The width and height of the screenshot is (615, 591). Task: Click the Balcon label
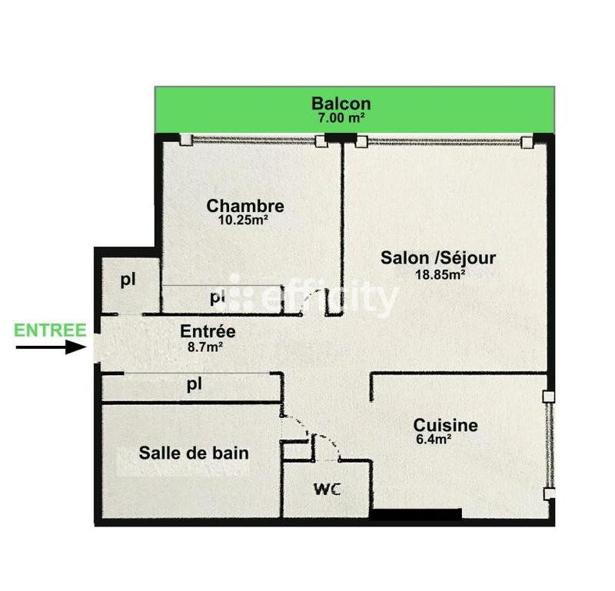(341, 103)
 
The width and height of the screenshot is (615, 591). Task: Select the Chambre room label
(245, 206)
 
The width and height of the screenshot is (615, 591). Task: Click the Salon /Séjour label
(438, 258)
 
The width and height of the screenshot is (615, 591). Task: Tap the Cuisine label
(445, 425)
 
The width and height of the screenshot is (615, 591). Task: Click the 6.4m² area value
(432, 440)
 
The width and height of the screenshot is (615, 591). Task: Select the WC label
(327, 489)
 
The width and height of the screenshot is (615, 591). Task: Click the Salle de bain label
(194, 453)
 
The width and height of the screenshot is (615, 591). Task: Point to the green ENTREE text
(51, 330)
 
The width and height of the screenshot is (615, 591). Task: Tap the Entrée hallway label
(208, 332)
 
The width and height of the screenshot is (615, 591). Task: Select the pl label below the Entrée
(194, 385)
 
